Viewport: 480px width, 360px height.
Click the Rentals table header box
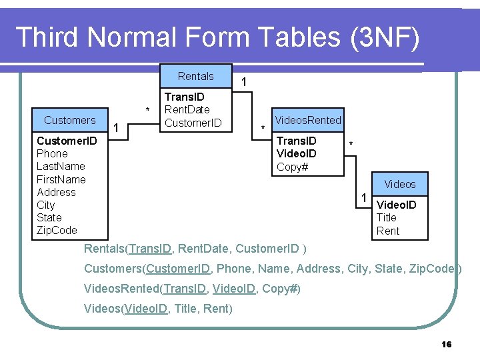click(195, 77)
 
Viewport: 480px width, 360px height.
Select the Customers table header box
click(70, 120)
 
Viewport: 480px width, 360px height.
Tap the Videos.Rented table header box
click(308, 120)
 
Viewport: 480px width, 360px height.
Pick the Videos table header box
click(400, 184)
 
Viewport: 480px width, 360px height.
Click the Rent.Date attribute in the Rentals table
click(187, 109)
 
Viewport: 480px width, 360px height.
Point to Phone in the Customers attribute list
click(52, 153)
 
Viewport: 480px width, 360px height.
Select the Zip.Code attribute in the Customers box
click(57, 230)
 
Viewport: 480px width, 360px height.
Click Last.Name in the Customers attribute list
click(61, 166)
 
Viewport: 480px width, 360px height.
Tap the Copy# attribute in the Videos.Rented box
click(292, 167)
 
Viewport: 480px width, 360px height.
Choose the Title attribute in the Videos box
click(387, 217)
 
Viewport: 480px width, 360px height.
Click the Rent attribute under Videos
click(388, 231)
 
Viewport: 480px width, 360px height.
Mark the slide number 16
click(447, 344)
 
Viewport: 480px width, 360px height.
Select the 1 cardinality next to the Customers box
click(117, 127)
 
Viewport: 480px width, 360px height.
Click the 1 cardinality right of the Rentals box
click(245, 82)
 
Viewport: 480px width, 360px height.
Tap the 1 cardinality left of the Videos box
click(363, 197)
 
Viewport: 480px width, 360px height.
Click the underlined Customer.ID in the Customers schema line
click(179, 269)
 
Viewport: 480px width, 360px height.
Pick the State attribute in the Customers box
click(49, 217)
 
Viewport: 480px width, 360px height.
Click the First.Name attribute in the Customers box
click(61, 179)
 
